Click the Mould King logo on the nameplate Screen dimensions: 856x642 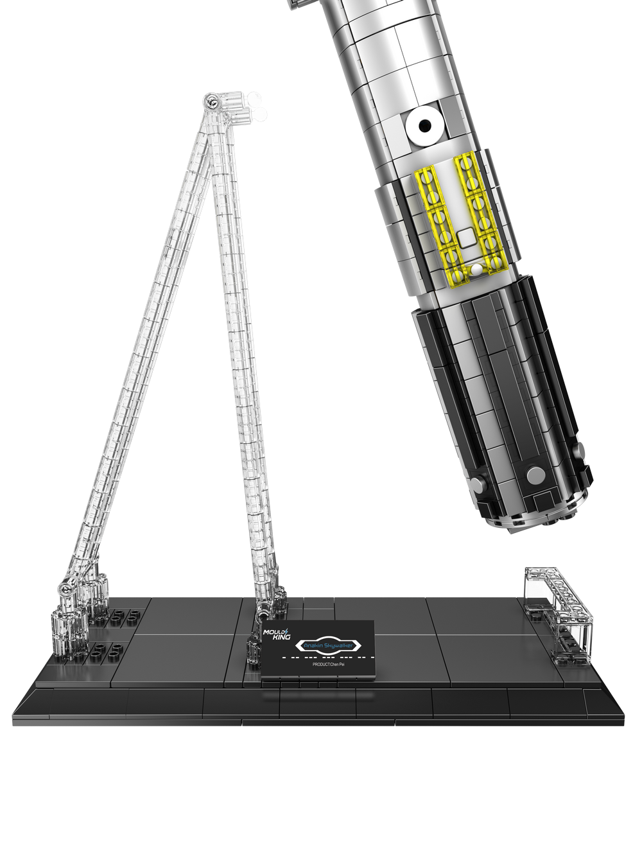277,634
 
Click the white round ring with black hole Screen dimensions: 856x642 424,126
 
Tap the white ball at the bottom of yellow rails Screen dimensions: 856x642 476,270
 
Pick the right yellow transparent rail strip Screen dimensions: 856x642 478,212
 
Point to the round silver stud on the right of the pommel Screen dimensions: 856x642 534,475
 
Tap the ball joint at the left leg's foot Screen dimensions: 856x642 65,587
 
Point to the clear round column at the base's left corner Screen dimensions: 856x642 68,633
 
